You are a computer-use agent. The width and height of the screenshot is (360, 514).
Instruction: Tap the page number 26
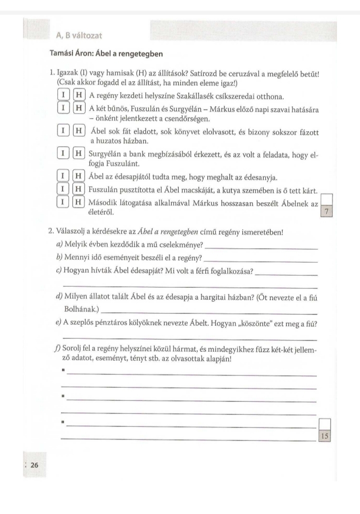click(x=34, y=465)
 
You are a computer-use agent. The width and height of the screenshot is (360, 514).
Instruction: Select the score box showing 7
click(x=326, y=212)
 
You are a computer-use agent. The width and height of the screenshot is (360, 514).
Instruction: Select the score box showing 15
click(x=324, y=436)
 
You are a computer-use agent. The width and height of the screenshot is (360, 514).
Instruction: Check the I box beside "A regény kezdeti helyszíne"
click(x=63, y=95)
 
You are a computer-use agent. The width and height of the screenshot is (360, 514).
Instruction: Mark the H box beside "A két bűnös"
click(x=78, y=108)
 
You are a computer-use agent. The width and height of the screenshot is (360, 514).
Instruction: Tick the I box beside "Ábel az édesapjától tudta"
click(x=63, y=176)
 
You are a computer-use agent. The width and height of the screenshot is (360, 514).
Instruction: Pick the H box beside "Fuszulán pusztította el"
click(x=78, y=189)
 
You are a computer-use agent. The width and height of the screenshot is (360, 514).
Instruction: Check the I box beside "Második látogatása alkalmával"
click(x=63, y=202)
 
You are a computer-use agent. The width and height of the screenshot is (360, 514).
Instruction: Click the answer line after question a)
click(x=261, y=248)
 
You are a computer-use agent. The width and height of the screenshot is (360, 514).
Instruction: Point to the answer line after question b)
click(x=261, y=261)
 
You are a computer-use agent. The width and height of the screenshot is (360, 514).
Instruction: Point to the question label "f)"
click(x=59, y=349)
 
